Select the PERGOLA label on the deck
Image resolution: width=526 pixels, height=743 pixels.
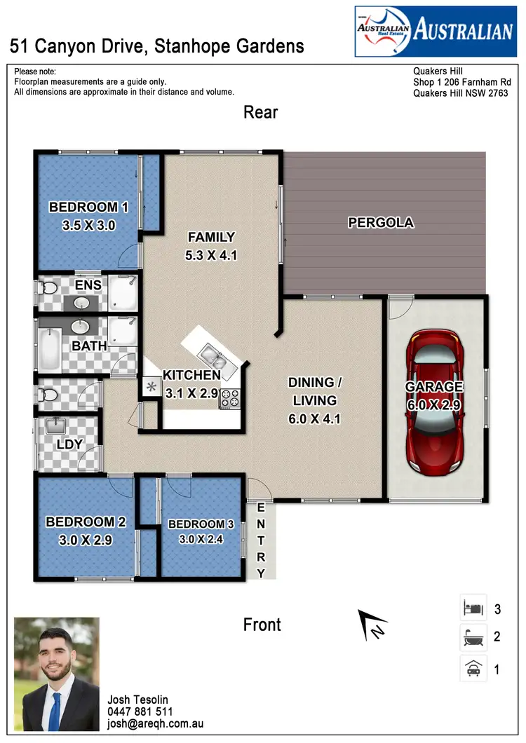[381, 223]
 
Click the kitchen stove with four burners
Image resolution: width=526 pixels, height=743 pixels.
[229, 400]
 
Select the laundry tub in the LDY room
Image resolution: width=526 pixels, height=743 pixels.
[55, 427]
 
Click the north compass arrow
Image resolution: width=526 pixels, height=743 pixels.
[372, 624]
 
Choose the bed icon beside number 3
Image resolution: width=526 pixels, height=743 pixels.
[473, 608]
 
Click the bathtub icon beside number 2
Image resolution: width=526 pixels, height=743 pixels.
[473, 638]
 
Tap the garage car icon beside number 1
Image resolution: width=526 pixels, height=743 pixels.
[473, 669]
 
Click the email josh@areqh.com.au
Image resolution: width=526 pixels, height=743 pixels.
[155, 723]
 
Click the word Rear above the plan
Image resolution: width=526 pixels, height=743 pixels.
[261, 112]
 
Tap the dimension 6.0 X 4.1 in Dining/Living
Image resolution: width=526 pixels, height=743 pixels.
[312, 419]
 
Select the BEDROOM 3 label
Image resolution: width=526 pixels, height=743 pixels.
[201, 524]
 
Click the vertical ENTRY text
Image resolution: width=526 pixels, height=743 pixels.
[262, 540]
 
